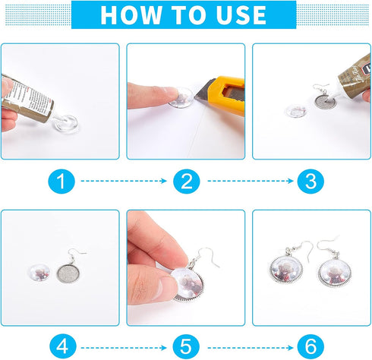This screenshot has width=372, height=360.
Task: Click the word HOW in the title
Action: [x=131, y=15]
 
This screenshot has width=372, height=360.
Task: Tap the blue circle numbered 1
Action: [x=61, y=182]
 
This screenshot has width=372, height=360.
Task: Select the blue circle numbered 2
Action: [x=187, y=182]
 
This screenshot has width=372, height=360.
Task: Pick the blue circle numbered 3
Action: [x=311, y=182]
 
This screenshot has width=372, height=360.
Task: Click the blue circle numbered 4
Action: [x=62, y=346]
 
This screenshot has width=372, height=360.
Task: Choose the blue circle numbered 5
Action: [x=186, y=346]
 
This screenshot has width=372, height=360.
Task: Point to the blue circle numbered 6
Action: [x=311, y=346]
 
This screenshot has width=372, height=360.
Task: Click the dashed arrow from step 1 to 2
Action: [x=124, y=181]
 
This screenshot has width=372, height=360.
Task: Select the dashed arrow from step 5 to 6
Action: [x=250, y=348]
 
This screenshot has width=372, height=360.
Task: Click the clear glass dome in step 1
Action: [x=66, y=124]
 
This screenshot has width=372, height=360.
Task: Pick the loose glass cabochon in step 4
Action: [x=39, y=273]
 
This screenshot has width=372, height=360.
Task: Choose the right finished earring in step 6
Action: [x=333, y=268]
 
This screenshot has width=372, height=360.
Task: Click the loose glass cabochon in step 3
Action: [x=296, y=111]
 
